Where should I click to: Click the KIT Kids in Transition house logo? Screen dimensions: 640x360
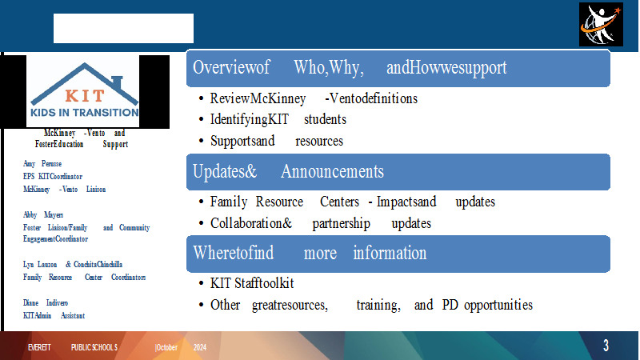pyautogui.click(x=85, y=90)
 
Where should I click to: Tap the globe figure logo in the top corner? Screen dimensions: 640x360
pyautogui.click(x=601, y=25)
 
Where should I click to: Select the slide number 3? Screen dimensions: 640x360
pyautogui.click(x=606, y=346)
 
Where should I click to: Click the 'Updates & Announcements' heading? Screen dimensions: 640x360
pyautogui.click(x=288, y=171)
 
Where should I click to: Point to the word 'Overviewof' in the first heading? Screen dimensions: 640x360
pyautogui.click(x=231, y=67)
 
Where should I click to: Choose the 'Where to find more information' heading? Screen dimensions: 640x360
pyautogui.click(x=310, y=253)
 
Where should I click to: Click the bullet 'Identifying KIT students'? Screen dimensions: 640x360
pyautogui.click(x=278, y=119)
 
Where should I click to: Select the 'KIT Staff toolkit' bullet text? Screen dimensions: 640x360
pyautogui.click(x=252, y=283)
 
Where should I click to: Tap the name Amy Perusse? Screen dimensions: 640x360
pyautogui.click(x=42, y=164)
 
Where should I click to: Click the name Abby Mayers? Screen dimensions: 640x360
pyautogui.click(x=43, y=214)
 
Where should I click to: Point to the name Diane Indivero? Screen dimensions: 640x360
pyautogui.click(x=46, y=303)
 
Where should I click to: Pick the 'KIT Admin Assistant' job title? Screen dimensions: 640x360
pyautogui.click(x=54, y=315)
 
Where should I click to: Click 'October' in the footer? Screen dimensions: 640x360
pyautogui.click(x=166, y=347)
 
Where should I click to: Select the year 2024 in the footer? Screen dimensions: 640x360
pyautogui.click(x=199, y=347)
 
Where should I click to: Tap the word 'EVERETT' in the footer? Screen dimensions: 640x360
pyautogui.click(x=39, y=347)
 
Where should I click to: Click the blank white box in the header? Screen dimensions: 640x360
pyautogui.click(x=123, y=28)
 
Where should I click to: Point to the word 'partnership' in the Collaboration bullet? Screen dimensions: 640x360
pyautogui.click(x=342, y=224)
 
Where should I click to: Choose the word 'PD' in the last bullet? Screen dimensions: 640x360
pyautogui.click(x=450, y=305)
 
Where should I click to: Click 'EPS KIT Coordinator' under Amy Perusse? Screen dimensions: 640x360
pyautogui.click(x=53, y=176)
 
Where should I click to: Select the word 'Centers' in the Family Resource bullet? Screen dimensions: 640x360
pyautogui.click(x=339, y=202)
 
